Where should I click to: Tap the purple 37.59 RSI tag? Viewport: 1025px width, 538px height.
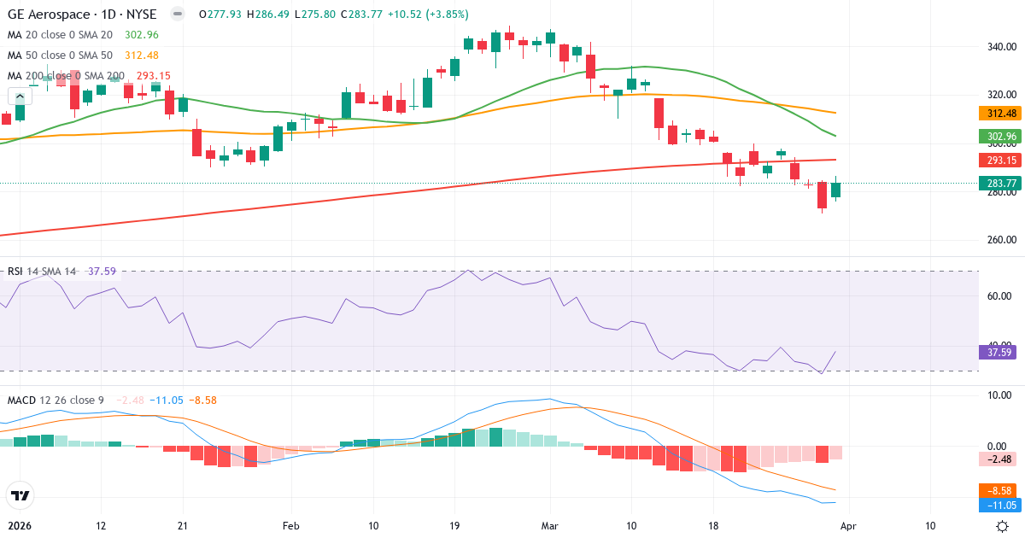click(x=995, y=352)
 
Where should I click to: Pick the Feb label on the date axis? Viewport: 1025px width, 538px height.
click(x=291, y=525)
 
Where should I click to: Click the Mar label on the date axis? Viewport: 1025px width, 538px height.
click(x=549, y=525)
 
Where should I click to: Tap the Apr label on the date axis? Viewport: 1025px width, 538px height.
click(x=848, y=525)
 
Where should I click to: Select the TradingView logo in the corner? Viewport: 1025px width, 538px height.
click(x=20, y=495)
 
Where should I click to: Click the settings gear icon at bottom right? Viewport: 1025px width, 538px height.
click(x=1003, y=525)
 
